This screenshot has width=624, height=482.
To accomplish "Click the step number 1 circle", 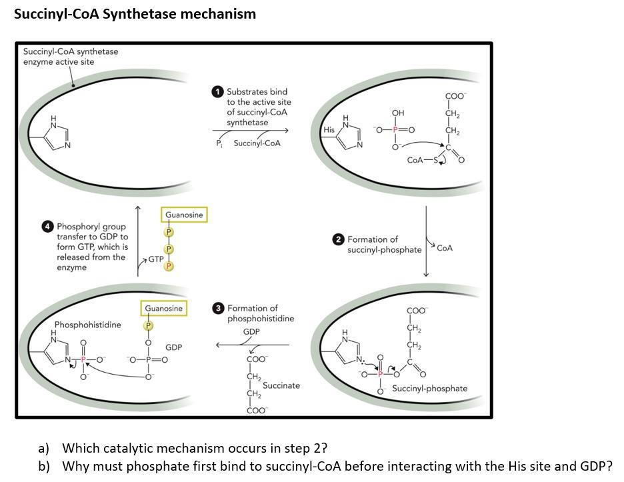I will (x=218, y=92).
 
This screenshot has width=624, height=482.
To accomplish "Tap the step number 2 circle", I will (x=339, y=239).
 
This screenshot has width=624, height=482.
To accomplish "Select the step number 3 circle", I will (x=219, y=309).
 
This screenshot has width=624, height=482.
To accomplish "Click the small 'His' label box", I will (x=328, y=129).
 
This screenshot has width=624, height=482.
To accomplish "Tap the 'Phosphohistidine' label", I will (x=87, y=325).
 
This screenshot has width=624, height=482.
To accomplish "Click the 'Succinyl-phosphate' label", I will (x=429, y=389).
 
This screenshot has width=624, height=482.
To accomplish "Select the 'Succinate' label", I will (x=281, y=385).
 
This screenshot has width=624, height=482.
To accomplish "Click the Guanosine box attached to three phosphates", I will (x=184, y=215).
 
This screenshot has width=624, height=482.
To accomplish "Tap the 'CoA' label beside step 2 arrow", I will (x=445, y=248).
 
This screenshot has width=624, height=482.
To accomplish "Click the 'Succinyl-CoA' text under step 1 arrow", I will (x=257, y=143).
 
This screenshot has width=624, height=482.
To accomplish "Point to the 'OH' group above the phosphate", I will (x=398, y=113).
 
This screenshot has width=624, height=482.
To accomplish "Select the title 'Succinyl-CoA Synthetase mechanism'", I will (x=135, y=14).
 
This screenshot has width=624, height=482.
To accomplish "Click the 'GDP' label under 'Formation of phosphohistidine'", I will (x=251, y=332).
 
